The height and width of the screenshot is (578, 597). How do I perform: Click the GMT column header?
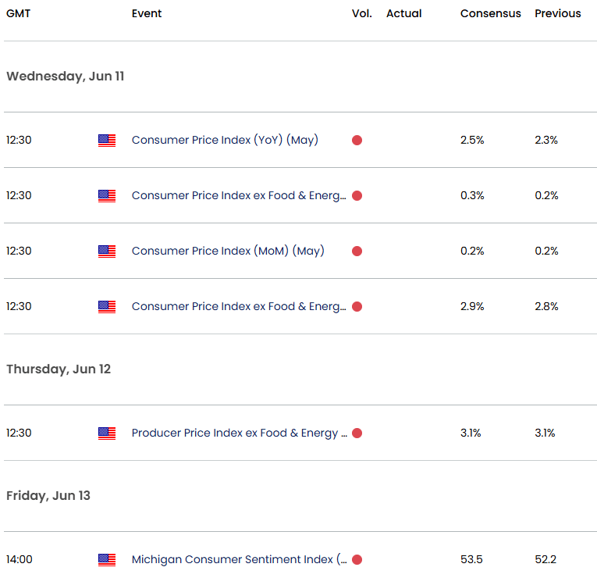point(19,13)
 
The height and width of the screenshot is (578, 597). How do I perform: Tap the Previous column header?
point(557,13)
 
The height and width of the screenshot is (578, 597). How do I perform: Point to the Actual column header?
point(403,13)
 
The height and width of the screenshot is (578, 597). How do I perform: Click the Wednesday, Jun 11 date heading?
point(65,77)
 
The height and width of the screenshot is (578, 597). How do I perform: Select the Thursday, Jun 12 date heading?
point(59,369)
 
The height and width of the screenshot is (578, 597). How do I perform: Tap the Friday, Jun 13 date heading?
point(48,495)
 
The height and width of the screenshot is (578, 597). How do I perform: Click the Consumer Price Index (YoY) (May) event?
point(225,140)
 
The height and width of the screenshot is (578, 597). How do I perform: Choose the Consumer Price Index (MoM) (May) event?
point(228,251)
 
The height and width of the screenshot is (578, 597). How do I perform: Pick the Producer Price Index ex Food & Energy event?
point(240,433)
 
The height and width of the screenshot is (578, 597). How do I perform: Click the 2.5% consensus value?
point(472,140)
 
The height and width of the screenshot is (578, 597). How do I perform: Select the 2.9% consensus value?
point(472,306)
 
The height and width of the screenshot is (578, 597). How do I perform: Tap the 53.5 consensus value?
point(471,559)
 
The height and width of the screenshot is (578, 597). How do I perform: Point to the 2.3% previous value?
point(546,140)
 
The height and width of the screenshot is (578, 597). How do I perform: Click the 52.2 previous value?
point(545,559)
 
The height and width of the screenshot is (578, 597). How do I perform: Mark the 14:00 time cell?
point(19,559)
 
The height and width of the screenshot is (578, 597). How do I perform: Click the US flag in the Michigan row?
point(107,559)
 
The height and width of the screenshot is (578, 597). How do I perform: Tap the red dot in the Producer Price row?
point(357,433)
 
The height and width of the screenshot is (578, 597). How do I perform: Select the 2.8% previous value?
point(546,306)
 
